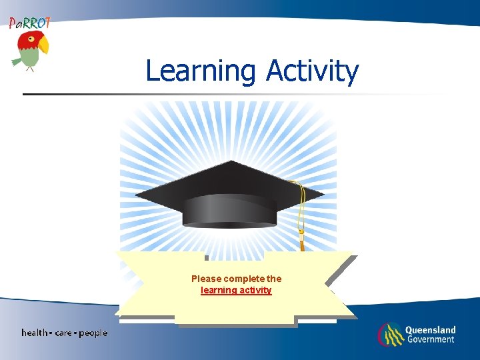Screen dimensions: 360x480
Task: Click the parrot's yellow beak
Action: tap(43, 45)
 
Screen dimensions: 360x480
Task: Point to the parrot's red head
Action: tap(28, 41)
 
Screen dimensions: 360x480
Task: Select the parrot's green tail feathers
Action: tap(17, 61)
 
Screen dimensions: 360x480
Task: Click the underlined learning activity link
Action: tap(236, 291)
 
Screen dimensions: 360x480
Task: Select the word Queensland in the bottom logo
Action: tap(430, 330)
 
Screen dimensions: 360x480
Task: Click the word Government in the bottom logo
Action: tap(430, 339)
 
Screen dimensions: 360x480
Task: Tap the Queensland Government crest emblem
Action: tap(390, 334)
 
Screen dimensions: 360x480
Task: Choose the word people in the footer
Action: tap(93, 333)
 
